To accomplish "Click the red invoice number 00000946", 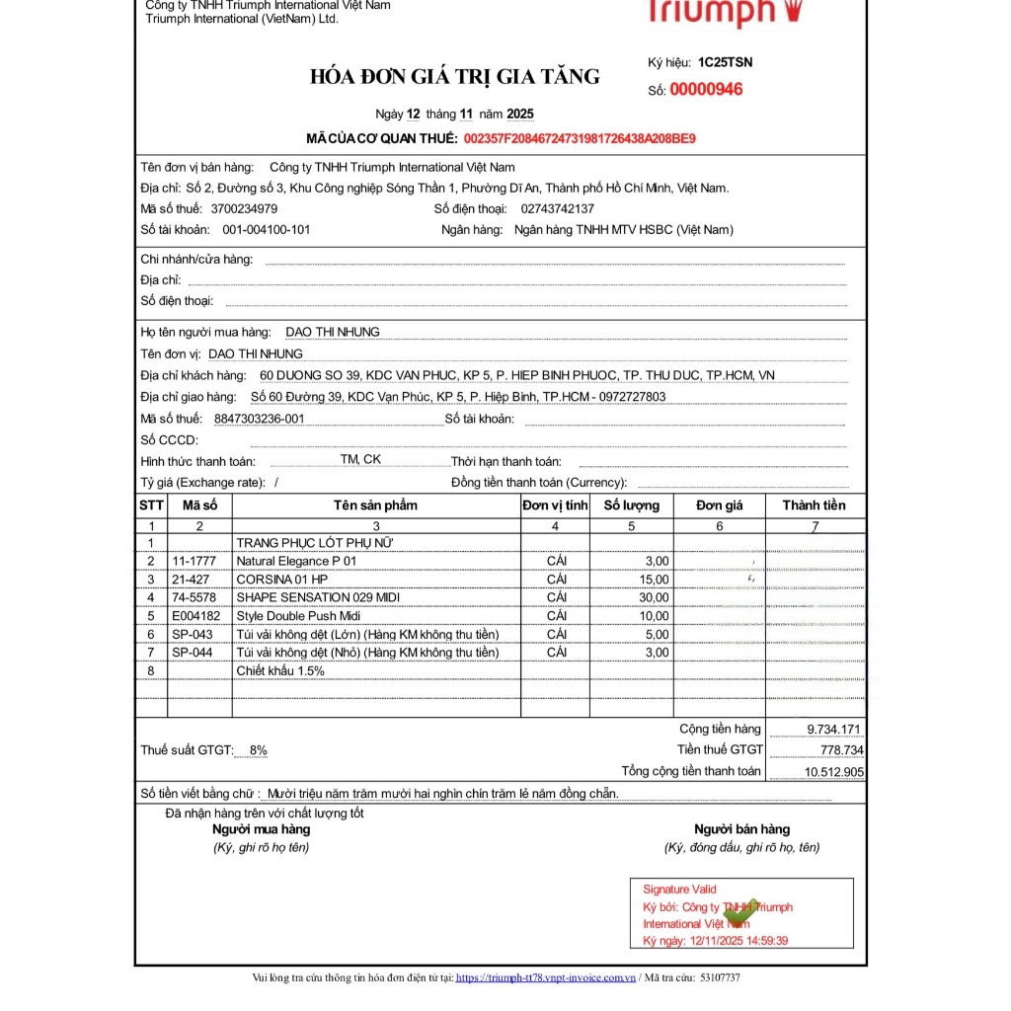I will [706, 90].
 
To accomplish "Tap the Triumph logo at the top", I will [725, 12].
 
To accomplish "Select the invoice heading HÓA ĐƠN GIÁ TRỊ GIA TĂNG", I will [454, 77].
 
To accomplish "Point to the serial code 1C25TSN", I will [725, 62].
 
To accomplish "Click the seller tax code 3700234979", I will [244, 208].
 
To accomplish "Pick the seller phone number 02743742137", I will [557, 208].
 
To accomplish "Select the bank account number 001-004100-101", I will [266, 230].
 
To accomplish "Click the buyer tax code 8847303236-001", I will [259, 419].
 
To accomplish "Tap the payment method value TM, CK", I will [360, 459].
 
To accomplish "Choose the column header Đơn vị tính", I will [555, 505].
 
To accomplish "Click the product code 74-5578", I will [193, 597].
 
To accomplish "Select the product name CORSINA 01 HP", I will [281, 580].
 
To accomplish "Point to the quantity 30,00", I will [653, 597].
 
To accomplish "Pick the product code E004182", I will [194, 616].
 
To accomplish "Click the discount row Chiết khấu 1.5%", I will [279, 670].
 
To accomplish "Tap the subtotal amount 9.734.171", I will [834, 730].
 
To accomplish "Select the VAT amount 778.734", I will [841, 750].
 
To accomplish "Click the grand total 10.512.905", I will [834, 772].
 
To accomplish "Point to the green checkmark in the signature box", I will [740, 913].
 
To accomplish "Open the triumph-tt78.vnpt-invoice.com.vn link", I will [545, 977].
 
